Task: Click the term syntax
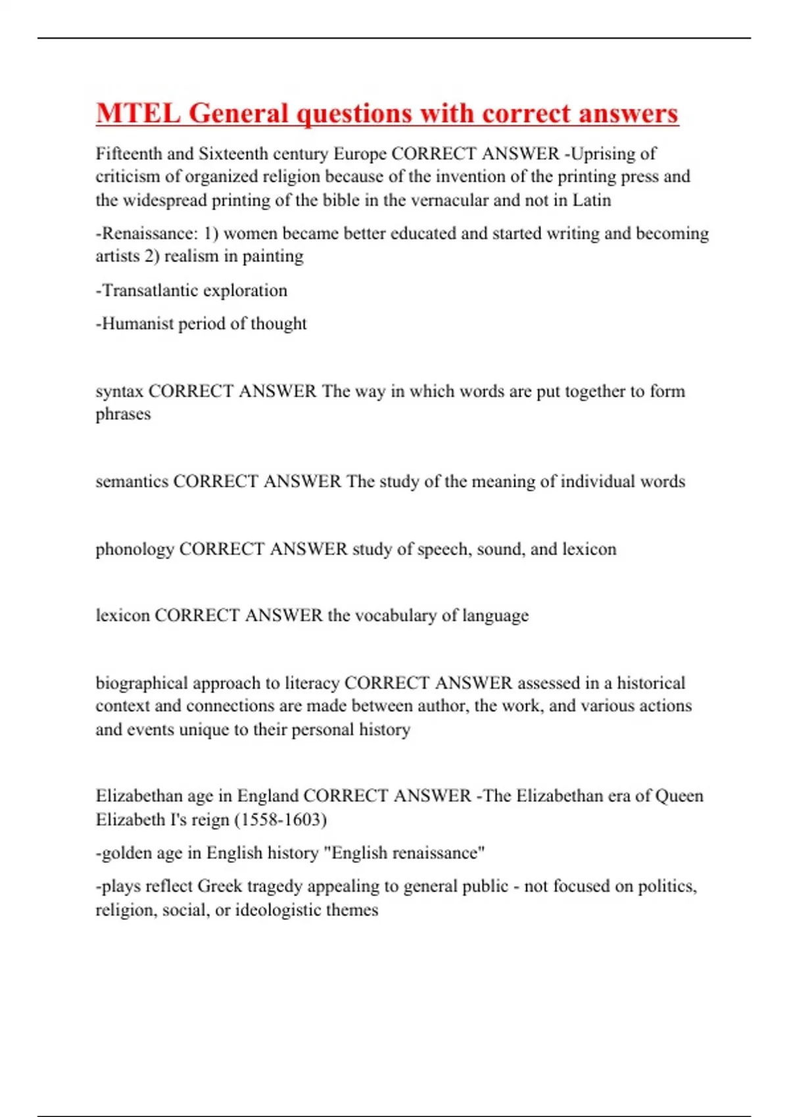(119, 392)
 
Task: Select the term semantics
(132, 482)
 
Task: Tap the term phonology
(135, 549)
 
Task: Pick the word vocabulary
(395, 616)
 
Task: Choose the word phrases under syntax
(123, 415)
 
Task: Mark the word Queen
(679, 796)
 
